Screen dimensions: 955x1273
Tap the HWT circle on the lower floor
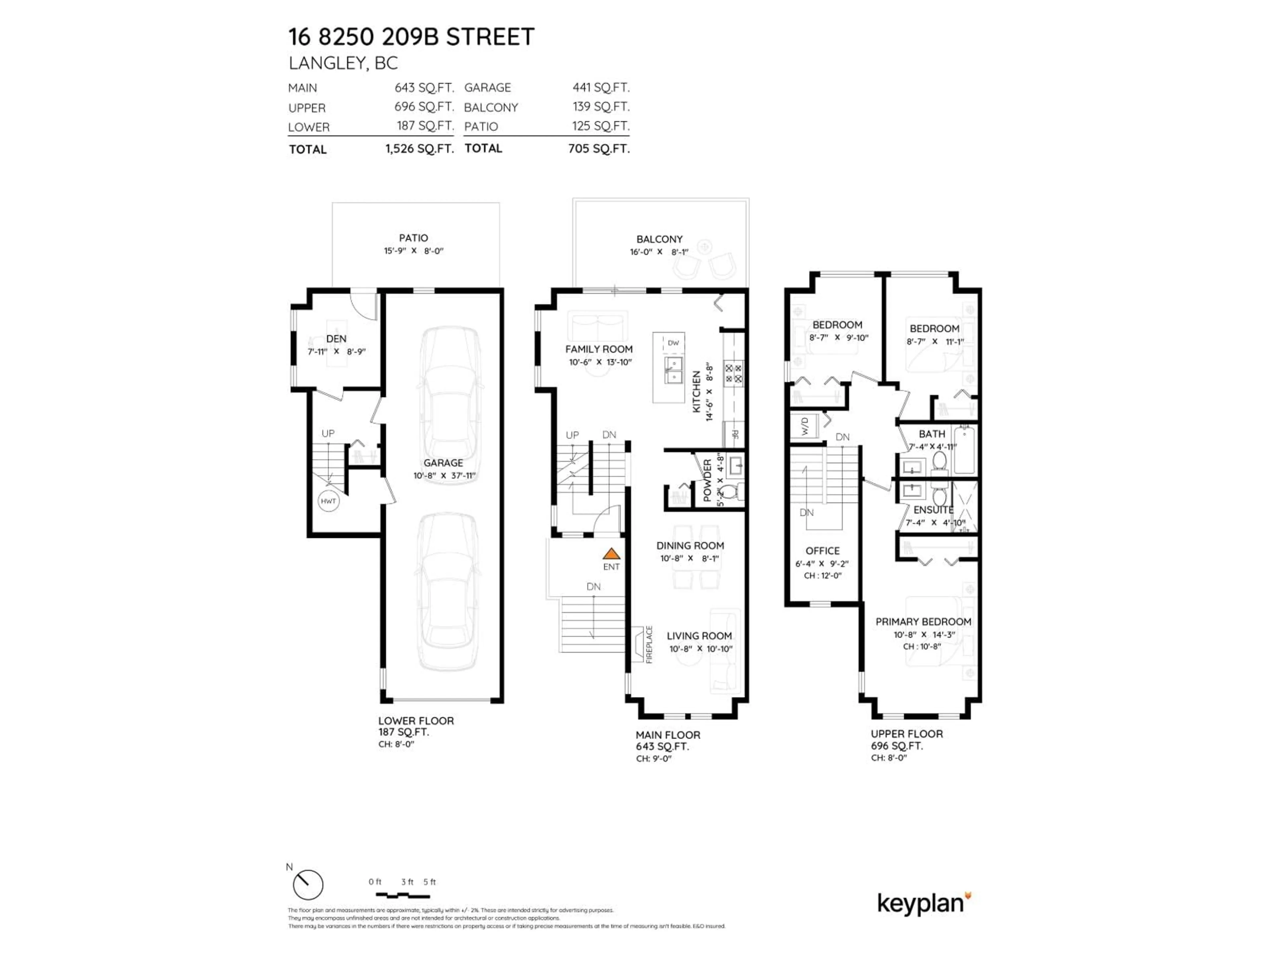pyautogui.click(x=328, y=501)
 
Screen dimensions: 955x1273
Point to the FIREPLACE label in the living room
pyautogui.click(x=649, y=645)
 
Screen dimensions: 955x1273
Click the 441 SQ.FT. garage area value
pyautogui.click(x=600, y=88)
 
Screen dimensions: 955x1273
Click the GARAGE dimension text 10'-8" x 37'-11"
pyautogui.click(x=444, y=476)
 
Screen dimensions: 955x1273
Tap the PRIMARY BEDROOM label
pyautogui.click(x=923, y=622)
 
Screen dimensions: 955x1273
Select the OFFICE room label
pyautogui.click(x=822, y=551)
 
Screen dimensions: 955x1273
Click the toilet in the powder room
pyautogui.click(x=729, y=492)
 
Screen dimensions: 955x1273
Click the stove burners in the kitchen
pyautogui.click(x=733, y=372)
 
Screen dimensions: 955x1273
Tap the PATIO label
pyautogui.click(x=413, y=238)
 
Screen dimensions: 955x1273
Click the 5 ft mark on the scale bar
pyautogui.click(x=429, y=882)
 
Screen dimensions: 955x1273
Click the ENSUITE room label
pyautogui.click(x=933, y=510)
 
